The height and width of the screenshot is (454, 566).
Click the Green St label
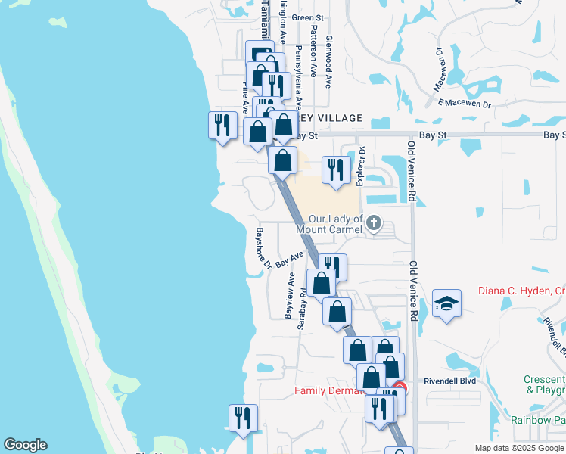point(307,17)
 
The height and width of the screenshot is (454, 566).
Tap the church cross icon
point(373,223)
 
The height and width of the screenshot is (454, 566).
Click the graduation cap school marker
point(447,304)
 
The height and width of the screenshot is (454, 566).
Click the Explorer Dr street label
point(360,166)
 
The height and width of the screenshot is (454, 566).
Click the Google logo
point(25,445)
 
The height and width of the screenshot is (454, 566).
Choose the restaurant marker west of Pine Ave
point(222,123)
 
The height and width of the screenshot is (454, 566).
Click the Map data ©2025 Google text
point(518,448)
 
